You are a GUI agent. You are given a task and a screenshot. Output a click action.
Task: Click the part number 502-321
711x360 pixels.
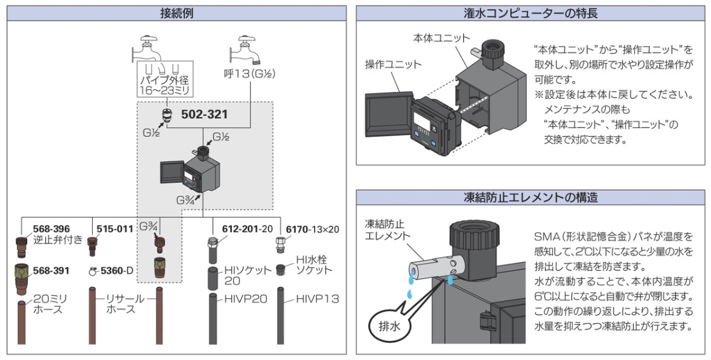click(204, 114)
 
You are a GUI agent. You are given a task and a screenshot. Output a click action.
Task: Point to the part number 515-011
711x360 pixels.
click(115, 229)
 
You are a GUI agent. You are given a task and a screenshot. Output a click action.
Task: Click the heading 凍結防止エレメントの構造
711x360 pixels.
click(531, 197)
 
